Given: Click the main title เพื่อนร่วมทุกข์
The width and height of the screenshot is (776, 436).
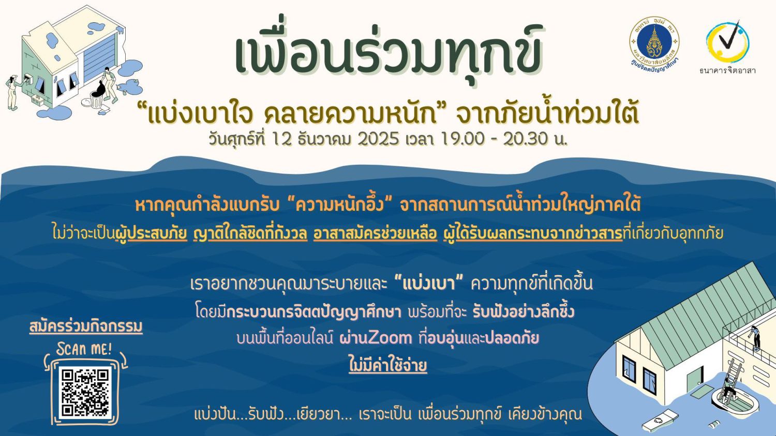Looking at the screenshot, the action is [x=389, y=55].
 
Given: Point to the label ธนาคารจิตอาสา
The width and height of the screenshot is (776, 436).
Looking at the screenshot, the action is [x=727, y=71].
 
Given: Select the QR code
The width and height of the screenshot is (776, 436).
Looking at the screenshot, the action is [x=85, y=393].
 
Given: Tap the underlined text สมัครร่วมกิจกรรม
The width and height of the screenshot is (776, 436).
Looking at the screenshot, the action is [x=86, y=326].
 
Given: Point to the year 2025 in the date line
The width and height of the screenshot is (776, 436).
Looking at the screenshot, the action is [x=378, y=139].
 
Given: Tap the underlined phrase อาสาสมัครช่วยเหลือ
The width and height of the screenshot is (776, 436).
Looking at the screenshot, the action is [x=375, y=234].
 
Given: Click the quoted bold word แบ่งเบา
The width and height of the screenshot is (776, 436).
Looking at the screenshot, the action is [x=429, y=284].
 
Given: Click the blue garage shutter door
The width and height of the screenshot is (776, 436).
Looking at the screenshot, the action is [x=99, y=57].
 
